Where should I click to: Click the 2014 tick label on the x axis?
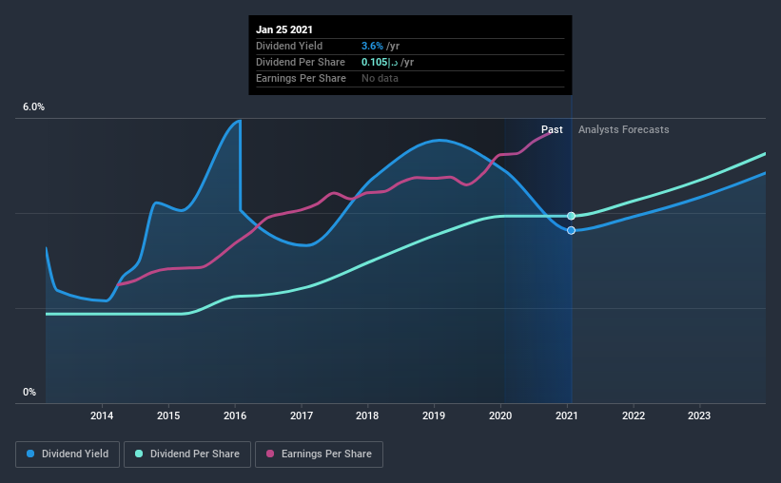click(102, 415)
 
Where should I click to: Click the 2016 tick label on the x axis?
click(235, 415)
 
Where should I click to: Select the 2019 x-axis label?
click(434, 415)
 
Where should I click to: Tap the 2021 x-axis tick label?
click(567, 415)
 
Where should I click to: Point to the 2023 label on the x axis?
click(699, 415)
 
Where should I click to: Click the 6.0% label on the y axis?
click(33, 107)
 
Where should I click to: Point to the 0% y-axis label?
click(29, 392)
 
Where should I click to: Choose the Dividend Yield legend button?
click(68, 454)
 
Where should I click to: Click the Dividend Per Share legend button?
click(192, 454)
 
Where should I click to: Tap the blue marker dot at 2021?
click(571, 230)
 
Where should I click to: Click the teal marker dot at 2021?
click(571, 217)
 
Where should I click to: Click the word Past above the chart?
click(552, 129)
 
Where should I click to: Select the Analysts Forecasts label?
click(623, 129)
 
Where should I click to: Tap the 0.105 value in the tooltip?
click(375, 62)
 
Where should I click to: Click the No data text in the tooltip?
click(380, 78)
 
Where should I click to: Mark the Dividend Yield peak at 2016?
click(240, 121)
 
